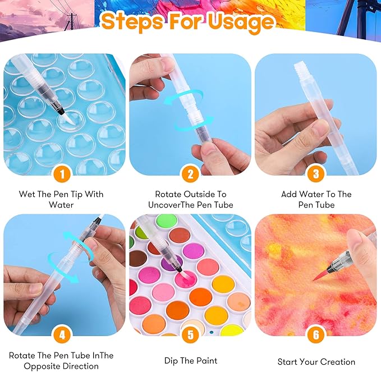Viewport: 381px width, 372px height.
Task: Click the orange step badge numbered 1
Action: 63,174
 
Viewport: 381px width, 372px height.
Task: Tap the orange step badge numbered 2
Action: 190,174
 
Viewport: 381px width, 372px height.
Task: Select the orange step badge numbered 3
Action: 316,174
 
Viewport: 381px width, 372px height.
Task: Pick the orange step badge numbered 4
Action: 63,336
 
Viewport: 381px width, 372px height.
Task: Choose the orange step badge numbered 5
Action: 190,336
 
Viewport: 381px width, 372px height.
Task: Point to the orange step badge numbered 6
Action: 316,336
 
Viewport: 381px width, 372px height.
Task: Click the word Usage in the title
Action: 242,22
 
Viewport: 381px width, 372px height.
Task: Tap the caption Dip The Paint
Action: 190,361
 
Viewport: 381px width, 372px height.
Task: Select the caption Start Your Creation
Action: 316,361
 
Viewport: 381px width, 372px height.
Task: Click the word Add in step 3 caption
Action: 290,194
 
